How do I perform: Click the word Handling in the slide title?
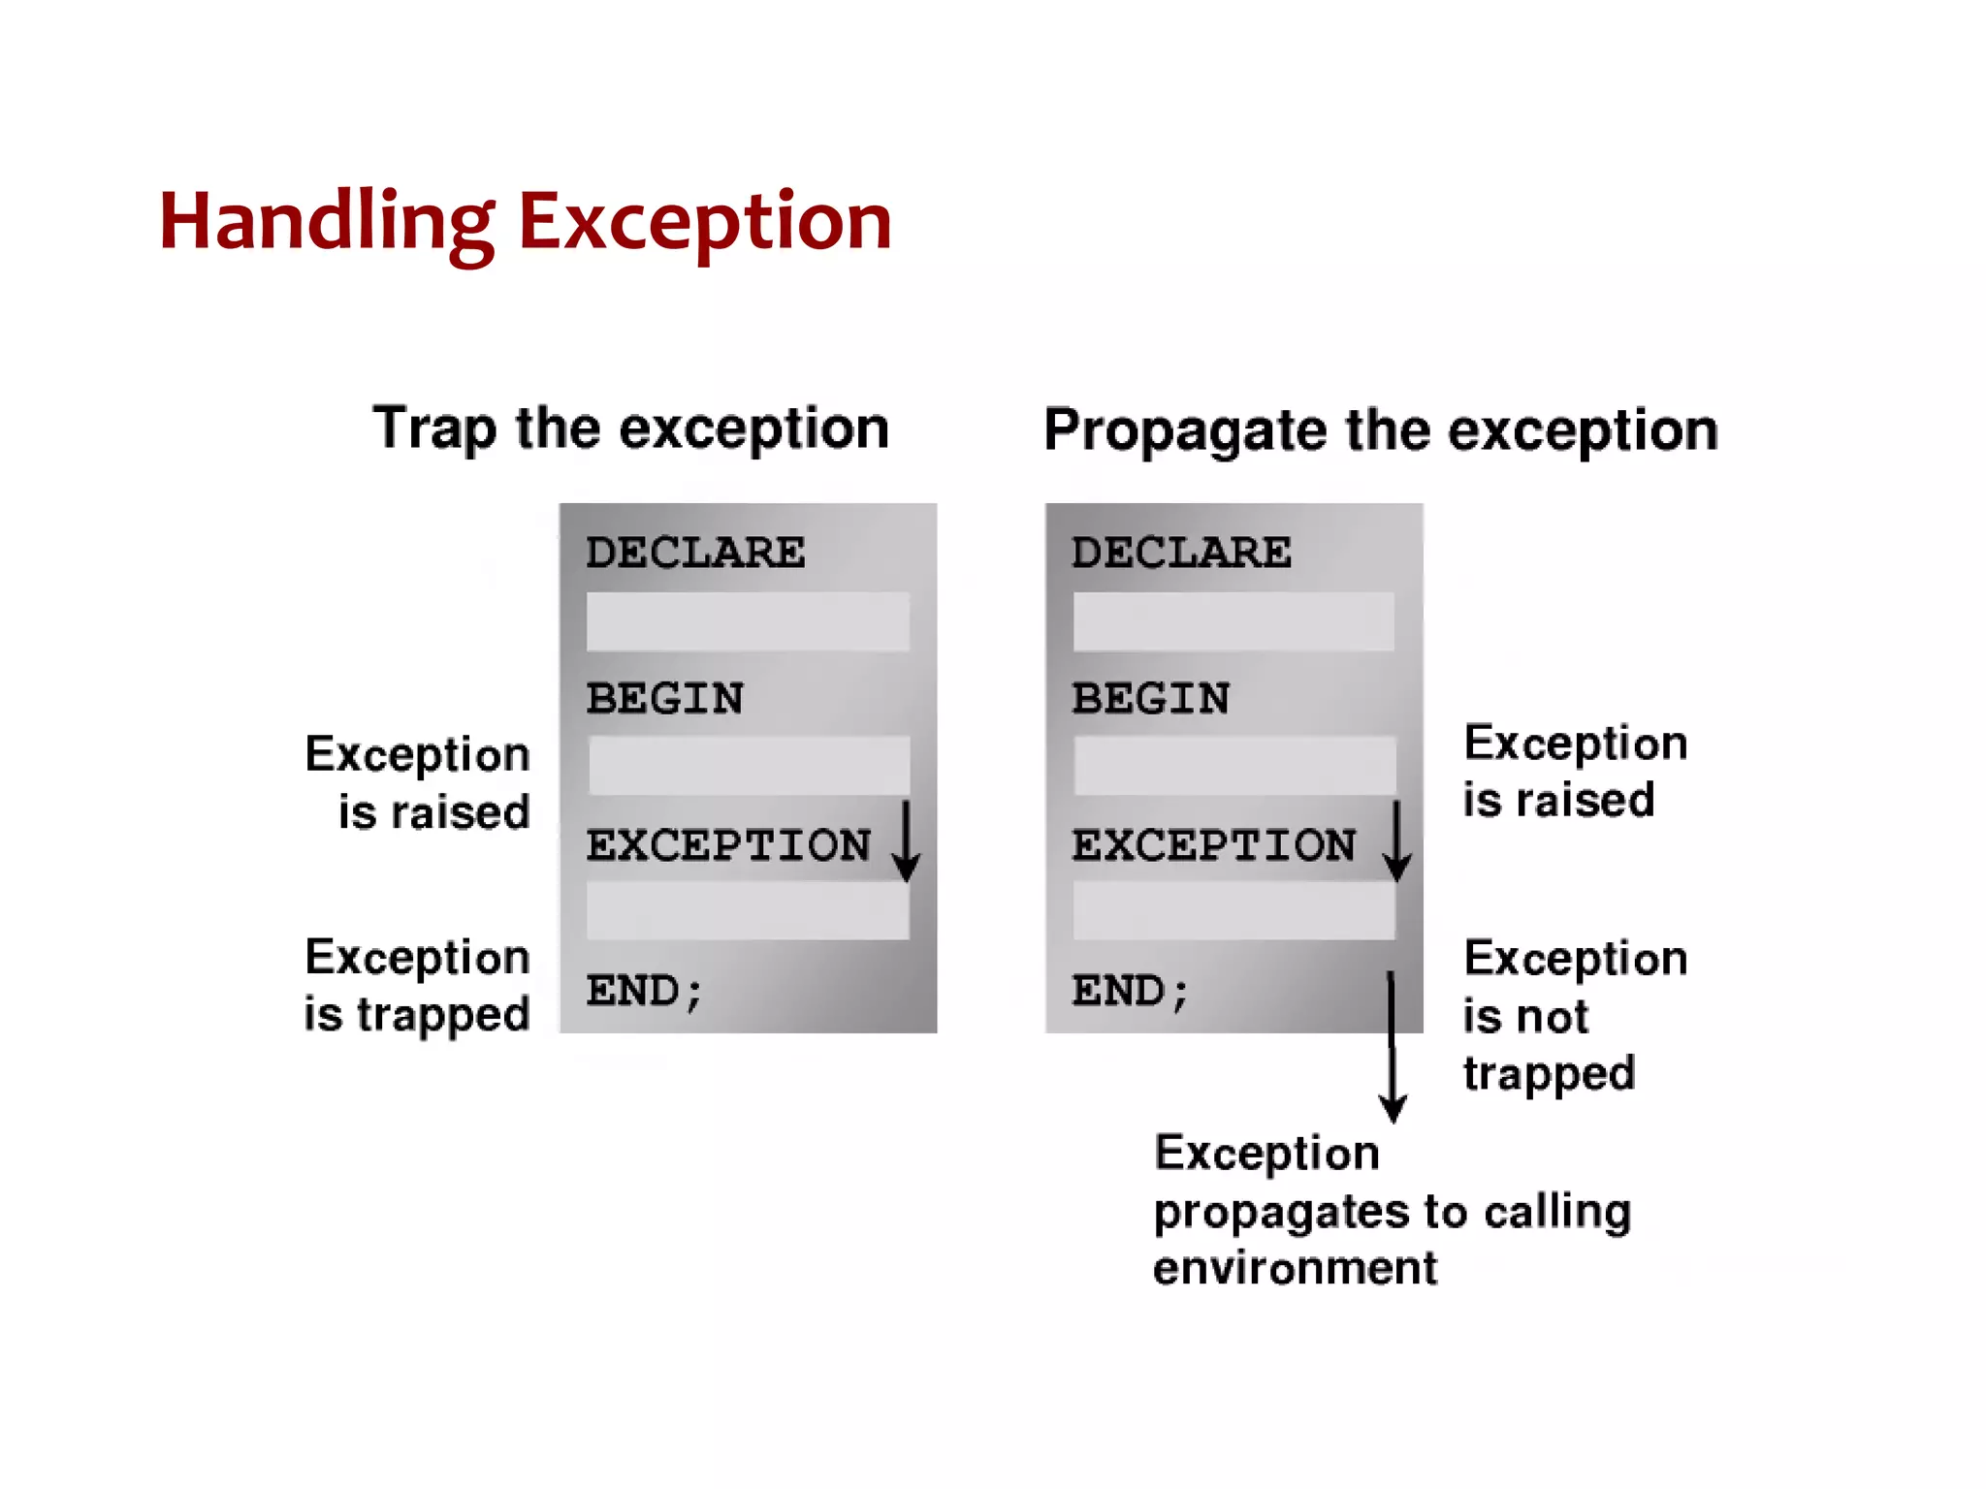pos(327,223)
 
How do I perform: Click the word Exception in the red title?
pos(704,223)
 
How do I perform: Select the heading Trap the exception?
pos(630,428)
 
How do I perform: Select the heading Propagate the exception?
pos(1380,430)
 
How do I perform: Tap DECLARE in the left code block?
pos(695,553)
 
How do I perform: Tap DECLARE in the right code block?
pos(1181,553)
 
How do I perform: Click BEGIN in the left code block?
pos(665,699)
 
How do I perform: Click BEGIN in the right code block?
pos(1151,699)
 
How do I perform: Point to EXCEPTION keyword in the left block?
pos(728,845)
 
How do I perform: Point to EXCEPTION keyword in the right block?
pos(1214,845)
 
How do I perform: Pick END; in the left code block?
pos(644,992)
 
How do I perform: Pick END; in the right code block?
pos(1130,992)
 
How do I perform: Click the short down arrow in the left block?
pos(906,840)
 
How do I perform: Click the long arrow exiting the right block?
pos(1393,1047)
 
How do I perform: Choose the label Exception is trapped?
pos(417,986)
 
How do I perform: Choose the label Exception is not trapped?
pos(1575,1015)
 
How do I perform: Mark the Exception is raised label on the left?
pos(417,782)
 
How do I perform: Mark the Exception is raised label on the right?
pos(1575,772)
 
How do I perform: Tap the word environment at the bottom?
pos(1295,1269)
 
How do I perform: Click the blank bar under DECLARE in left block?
pos(748,621)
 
